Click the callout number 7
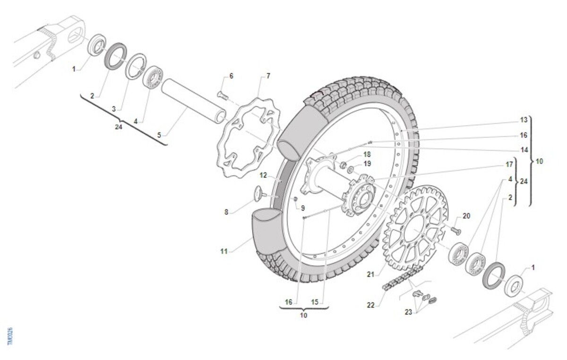pos(268,76)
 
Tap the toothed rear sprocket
pos(416,228)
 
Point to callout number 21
pos(370,274)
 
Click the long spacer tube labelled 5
pos(194,101)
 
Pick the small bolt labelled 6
pos(223,96)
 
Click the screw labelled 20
pos(456,231)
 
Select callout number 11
pos(224,251)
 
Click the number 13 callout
pos(524,120)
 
